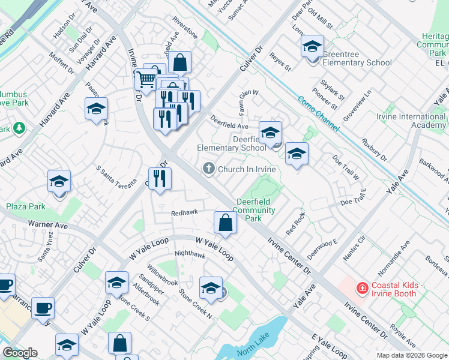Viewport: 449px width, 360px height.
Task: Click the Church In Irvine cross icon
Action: [x=209, y=169]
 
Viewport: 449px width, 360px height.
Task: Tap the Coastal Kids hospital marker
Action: [x=361, y=289]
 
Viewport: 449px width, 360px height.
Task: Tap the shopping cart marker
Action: [x=146, y=79]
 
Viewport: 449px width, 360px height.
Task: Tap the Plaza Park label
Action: [x=26, y=206]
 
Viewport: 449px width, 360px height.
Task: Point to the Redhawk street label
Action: [x=184, y=213]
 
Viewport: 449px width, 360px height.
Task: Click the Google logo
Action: [x=20, y=353]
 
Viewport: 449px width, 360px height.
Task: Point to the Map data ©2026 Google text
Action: [x=412, y=355]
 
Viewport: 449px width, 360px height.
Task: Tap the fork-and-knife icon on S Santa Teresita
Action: [x=160, y=179]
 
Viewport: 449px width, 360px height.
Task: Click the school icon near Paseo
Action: [x=96, y=109]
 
